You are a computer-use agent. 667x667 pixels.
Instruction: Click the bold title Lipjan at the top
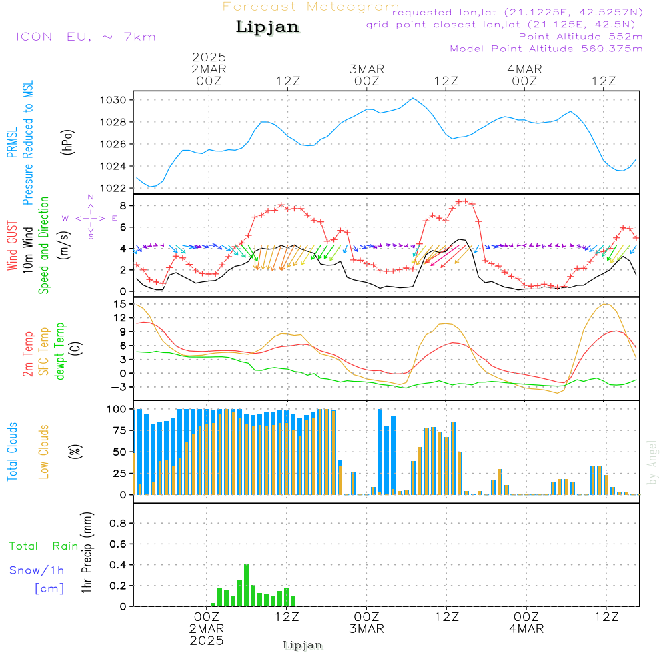point(267,27)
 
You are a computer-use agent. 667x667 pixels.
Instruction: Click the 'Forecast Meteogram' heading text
point(310,7)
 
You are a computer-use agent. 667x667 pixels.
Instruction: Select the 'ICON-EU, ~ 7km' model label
point(85,37)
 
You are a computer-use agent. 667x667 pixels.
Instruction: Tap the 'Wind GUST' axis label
point(12,246)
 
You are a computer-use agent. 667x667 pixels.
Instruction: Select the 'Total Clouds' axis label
point(12,452)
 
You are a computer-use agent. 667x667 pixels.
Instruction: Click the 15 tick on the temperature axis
point(121,304)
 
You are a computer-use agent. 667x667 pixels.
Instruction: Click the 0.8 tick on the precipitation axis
point(118,524)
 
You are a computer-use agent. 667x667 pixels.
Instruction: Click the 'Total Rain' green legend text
point(44,546)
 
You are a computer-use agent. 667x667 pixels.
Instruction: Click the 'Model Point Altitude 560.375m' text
point(546,49)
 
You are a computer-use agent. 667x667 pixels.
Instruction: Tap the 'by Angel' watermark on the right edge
point(652,462)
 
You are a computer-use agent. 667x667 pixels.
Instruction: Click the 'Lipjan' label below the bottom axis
point(303,645)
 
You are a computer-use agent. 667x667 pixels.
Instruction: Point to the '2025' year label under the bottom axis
point(207,641)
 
